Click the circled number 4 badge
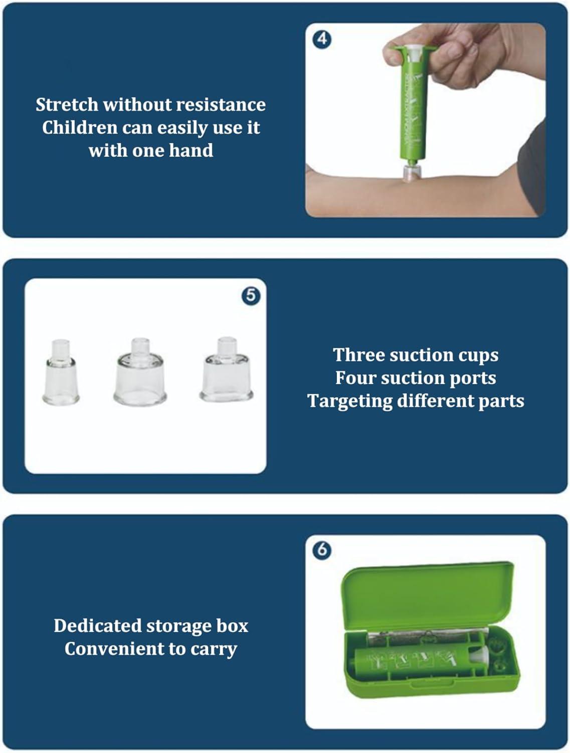tap(322, 40)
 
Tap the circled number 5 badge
tap(251, 295)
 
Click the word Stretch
tap(67, 104)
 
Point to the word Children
tap(80, 128)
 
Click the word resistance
tap(221, 104)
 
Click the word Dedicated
tap(98, 625)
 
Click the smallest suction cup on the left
tap(61, 372)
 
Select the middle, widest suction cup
tap(140, 372)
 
